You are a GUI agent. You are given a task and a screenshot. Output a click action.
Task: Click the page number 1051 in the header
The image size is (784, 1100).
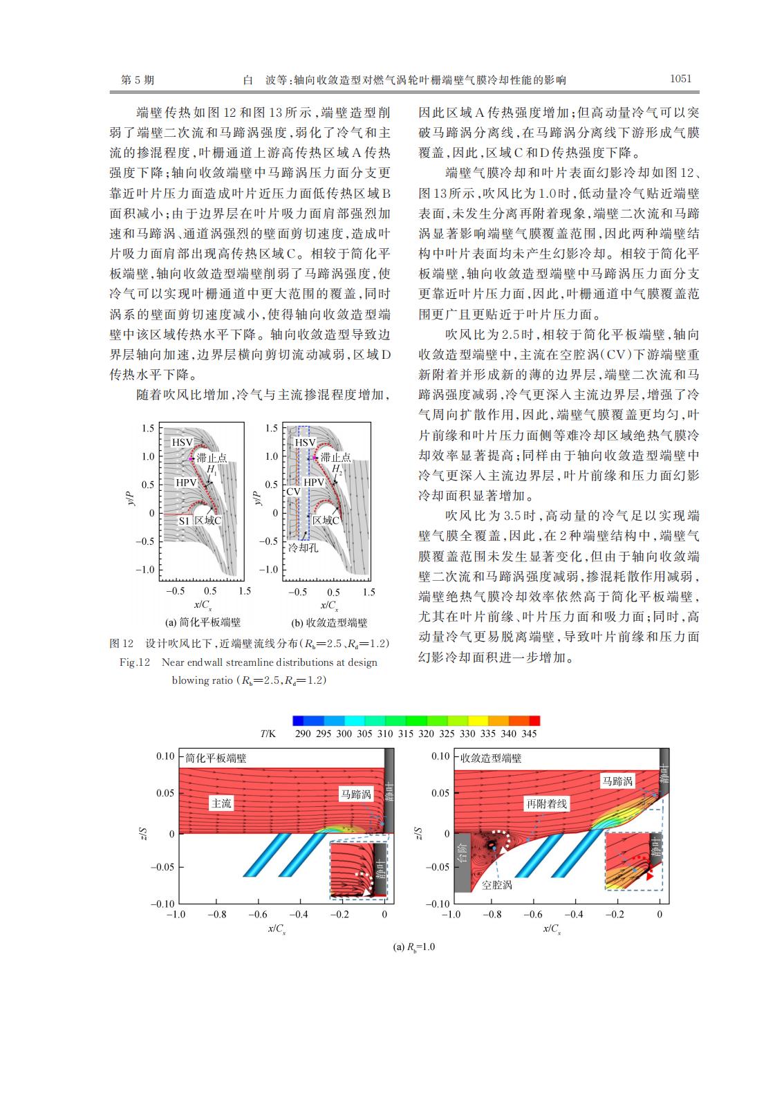[x=680, y=79]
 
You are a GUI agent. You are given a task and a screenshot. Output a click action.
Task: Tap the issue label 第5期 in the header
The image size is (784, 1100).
[x=138, y=80]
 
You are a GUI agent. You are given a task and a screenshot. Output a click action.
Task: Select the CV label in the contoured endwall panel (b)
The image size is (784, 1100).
[x=293, y=491]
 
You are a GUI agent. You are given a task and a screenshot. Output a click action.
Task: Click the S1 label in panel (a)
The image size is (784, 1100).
[x=184, y=521]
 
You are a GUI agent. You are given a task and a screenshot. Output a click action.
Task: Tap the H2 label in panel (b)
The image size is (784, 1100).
[x=337, y=469]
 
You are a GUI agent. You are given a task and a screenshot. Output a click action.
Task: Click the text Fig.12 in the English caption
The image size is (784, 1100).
[x=135, y=662]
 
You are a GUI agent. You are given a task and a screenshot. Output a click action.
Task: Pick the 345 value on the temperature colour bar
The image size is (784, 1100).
[x=529, y=734]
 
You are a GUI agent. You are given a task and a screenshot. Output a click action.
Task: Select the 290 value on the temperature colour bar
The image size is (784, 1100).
[x=303, y=734]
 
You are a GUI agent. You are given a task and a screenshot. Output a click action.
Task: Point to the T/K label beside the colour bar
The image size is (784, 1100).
[x=268, y=734]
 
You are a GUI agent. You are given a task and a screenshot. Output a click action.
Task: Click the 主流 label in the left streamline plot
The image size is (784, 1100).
[x=221, y=803]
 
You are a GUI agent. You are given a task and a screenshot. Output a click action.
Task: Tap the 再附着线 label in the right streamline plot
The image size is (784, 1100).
[x=547, y=803]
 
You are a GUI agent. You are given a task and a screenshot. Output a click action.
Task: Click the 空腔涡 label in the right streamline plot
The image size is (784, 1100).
[x=497, y=884]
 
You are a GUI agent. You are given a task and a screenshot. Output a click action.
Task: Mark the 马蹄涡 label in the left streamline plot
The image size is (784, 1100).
[x=355, y=795]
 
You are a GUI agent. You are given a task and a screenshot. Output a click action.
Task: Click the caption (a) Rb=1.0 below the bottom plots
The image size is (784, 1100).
[x=414, y=947]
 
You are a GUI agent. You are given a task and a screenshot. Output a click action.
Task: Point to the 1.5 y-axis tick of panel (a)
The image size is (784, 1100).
[x=148, y=428]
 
